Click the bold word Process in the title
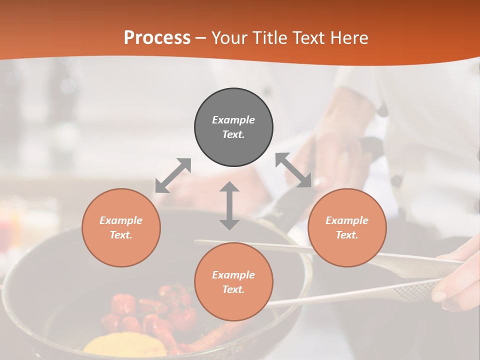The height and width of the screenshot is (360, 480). point(157,38)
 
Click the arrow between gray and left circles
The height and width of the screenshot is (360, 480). point(173,175)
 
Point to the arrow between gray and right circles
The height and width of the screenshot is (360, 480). point(293,170)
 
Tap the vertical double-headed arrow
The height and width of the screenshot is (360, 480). point(229,205)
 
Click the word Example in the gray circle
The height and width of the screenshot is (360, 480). point(233,120)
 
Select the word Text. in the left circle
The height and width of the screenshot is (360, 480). point(121,235)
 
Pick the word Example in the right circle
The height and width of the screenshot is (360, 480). point(347,220)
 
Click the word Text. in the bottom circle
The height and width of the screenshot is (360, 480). point(233,289)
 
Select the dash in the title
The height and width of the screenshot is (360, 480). point(201,38)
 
